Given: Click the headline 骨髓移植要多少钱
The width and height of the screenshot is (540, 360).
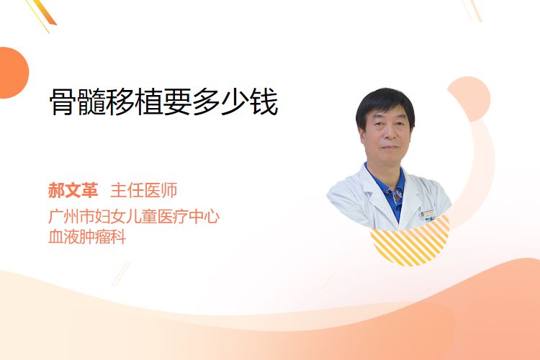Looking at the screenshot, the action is point(164,102).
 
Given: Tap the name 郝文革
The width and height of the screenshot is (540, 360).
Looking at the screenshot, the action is point(73,190).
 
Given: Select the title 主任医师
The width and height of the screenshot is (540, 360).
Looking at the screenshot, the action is point(144,190).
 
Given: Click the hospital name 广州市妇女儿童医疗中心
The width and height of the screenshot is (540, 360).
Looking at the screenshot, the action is point(134,217).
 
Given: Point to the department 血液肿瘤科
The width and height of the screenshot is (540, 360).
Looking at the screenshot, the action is point(87,237).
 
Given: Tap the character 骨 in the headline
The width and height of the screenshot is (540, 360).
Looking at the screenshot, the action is point(63,102).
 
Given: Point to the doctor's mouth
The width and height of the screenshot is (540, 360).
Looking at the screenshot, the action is point(389,147).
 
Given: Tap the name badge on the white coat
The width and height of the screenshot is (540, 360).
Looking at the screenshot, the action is point(428,215).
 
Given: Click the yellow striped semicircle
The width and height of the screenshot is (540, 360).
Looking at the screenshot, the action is point(410,243).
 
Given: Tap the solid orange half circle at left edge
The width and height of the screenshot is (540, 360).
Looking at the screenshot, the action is point(13,73).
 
